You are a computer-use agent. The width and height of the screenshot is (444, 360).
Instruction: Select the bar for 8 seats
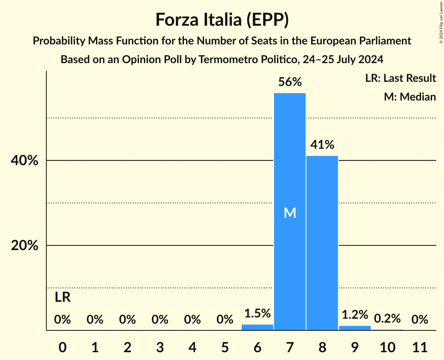(322, 242)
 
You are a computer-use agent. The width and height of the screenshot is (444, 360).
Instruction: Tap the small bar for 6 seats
(257, 327)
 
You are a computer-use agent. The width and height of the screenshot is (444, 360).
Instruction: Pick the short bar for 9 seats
(355, 328)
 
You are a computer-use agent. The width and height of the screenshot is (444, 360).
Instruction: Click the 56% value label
(290, 82)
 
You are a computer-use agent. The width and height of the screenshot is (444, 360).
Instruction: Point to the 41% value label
(322, 145)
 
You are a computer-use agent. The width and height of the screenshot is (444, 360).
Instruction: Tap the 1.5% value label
(257, 313)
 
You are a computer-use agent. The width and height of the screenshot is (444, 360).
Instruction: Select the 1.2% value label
(355, 314)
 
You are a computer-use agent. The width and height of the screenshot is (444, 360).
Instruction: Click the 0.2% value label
(387, 319)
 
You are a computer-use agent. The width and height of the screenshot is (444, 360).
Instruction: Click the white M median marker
(290, 213)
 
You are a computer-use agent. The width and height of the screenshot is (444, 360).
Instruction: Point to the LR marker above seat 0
(62, 298)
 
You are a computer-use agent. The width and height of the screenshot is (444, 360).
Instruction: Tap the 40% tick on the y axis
(25, 161)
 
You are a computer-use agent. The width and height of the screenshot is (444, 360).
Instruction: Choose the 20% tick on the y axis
(25, 246)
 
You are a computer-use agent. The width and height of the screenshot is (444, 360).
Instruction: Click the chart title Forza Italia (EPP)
(222, 20)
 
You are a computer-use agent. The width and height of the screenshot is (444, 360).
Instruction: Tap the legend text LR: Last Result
(400, 78)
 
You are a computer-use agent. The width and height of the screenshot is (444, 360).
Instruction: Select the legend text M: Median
(410, 97)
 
